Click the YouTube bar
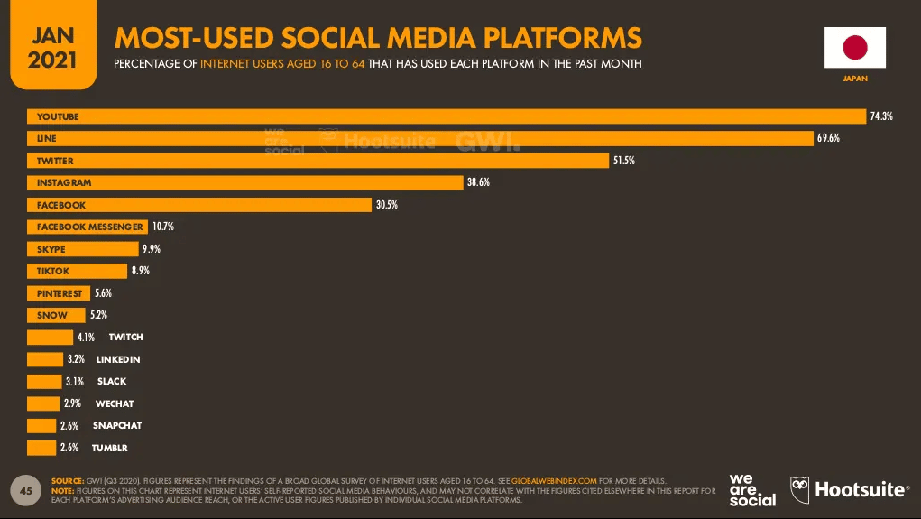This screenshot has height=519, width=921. coord(447,116)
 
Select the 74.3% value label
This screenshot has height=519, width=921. coord(881,116)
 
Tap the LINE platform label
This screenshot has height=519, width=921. coord(46,139)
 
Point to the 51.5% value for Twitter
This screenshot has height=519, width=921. coord(623,161)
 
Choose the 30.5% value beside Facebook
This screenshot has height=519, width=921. coord(386,205)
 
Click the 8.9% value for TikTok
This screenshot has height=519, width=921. coord(140,271)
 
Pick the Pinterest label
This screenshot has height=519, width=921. coord(60,293)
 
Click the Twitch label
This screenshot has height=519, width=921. coord(125,337)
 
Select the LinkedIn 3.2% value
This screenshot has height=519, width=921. coord(78,359)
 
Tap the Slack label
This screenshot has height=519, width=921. coord(112,381)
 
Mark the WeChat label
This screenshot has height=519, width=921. coord(115,403)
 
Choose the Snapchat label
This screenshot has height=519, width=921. coord(117,425)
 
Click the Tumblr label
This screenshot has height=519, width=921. coord(110,448)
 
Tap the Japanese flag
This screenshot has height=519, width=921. coord(854,48)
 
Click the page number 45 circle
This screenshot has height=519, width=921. coord(26,490)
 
